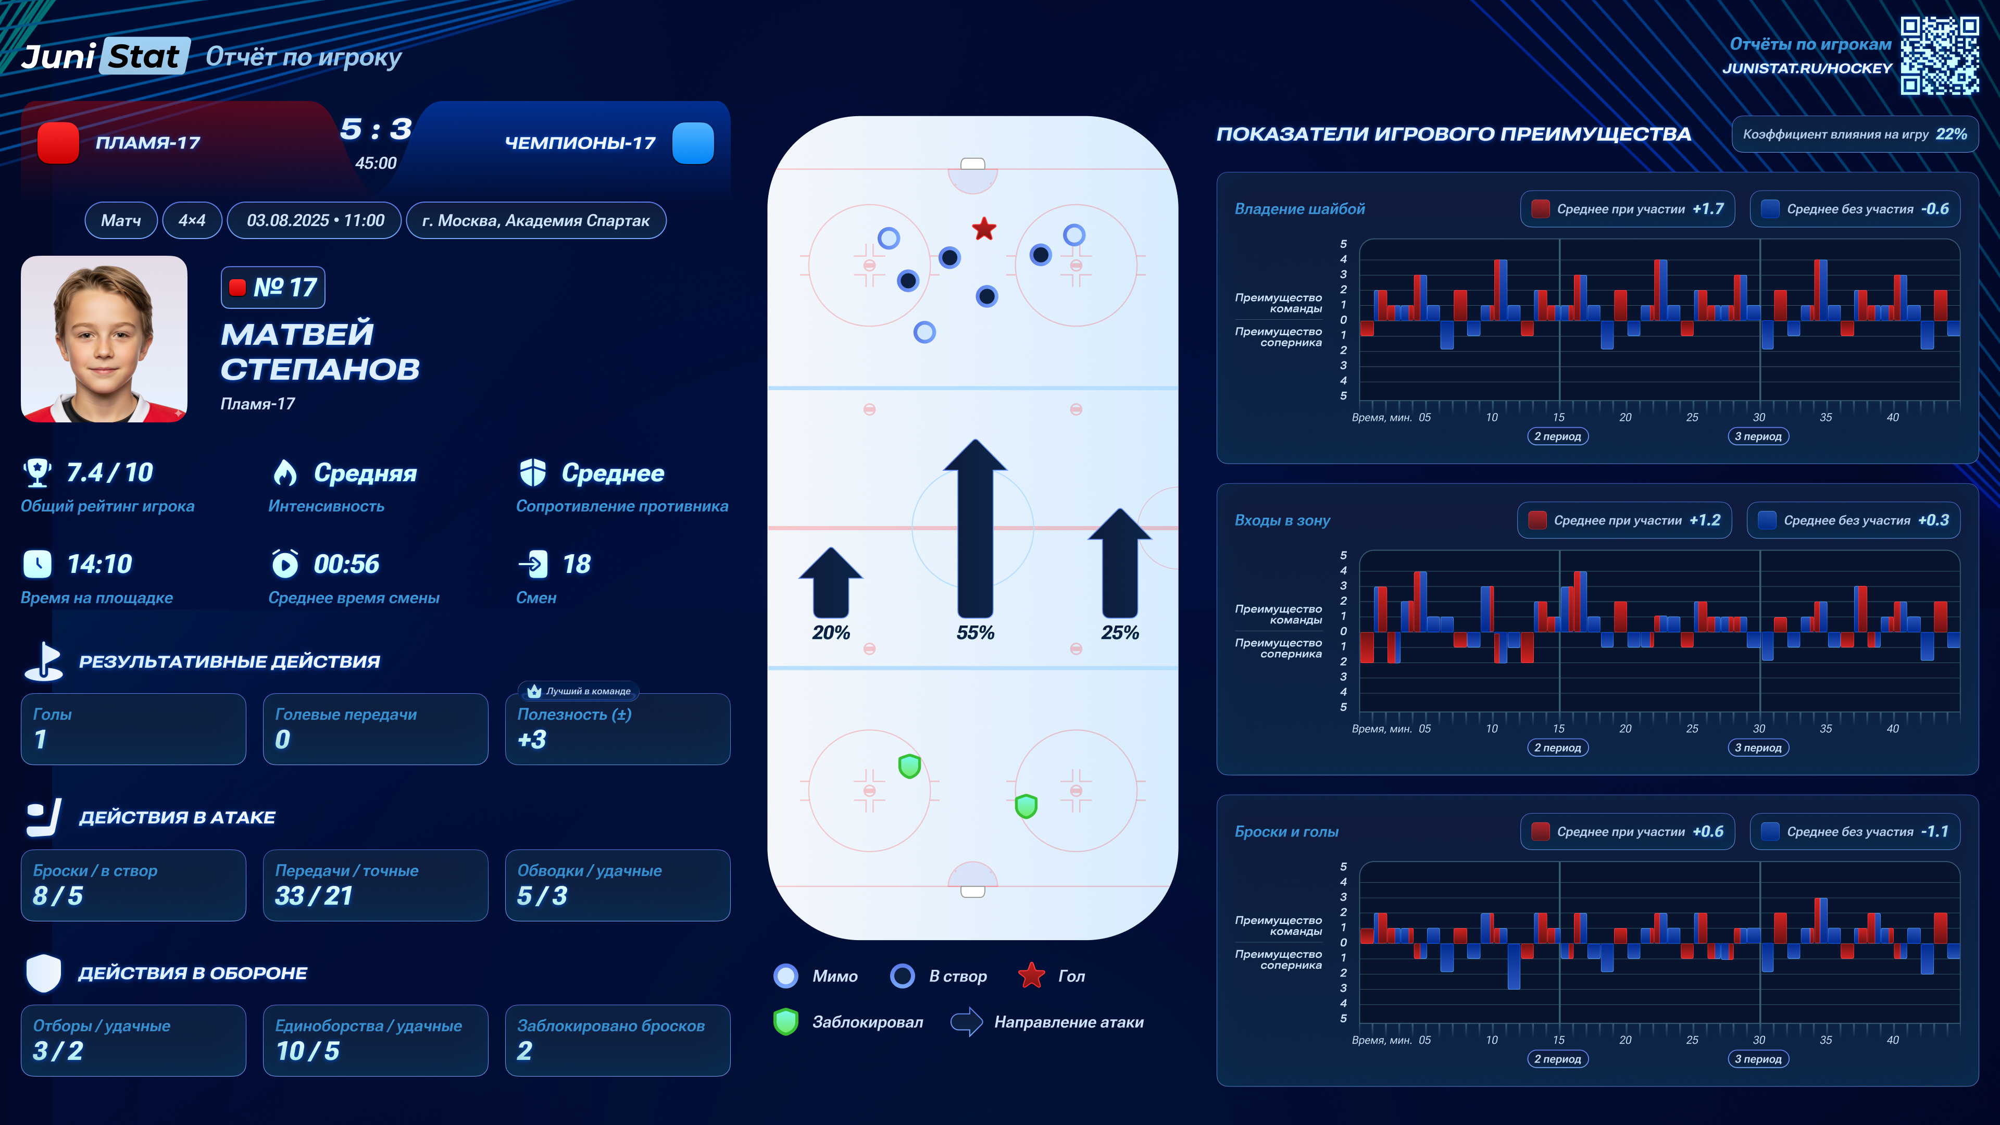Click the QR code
[x=1939, y=56]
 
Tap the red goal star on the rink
[x=984, y=229]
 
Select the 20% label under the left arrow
[x=831, y=633]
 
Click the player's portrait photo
[x=104, y=339]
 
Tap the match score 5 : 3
[x=376, y=129]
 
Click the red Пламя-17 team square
[x=58, y=143]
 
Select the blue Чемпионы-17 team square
[x=693, y=143]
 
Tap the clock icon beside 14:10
[x=37, y=565]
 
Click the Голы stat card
[x=133, y=728]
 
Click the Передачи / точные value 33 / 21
[x=314, y=896]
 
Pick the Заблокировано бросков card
[x=617, y=1040]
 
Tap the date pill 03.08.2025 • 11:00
[x=315, y=220]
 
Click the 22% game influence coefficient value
[x=1951, y=134]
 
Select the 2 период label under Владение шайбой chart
[x=1557, y=436]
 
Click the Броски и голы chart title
[x=1286, y=832]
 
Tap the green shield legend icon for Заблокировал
[x=786, y=1022]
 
